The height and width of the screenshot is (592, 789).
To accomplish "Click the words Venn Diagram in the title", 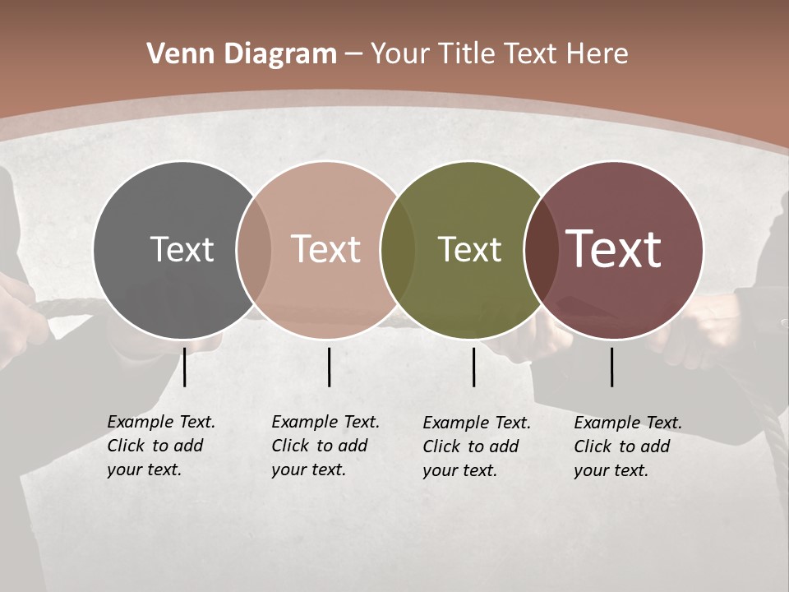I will (x=242, y=54).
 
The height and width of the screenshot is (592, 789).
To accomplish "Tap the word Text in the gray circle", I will (x=182, y=249).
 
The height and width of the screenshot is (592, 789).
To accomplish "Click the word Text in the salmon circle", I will (x=325, y=249).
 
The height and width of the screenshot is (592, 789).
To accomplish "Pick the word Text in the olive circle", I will (x=469, y=249).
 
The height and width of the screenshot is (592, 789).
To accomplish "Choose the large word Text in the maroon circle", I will (x=613, y=249).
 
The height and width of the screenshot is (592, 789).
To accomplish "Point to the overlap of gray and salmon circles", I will (x=254, y=250).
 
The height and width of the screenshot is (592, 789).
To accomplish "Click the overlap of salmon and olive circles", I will (x=398, y=250).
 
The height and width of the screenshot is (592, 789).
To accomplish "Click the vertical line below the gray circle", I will (x=185, y=367).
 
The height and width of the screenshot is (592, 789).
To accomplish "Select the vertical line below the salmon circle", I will (x=329, y=367).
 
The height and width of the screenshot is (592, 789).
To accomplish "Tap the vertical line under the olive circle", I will (x=473, y=367).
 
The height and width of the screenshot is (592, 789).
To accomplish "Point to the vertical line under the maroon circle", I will (x=611, y=367).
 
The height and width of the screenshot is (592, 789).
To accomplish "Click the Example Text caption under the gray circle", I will (x=161, y=446).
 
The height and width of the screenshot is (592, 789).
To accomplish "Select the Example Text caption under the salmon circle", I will (x=325, y=446).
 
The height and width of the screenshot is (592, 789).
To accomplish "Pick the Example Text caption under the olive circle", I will (x=477, y=446).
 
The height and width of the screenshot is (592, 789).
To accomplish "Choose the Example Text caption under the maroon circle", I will (x=628, y=446).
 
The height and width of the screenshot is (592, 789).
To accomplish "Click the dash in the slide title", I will (x=353, y=54).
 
